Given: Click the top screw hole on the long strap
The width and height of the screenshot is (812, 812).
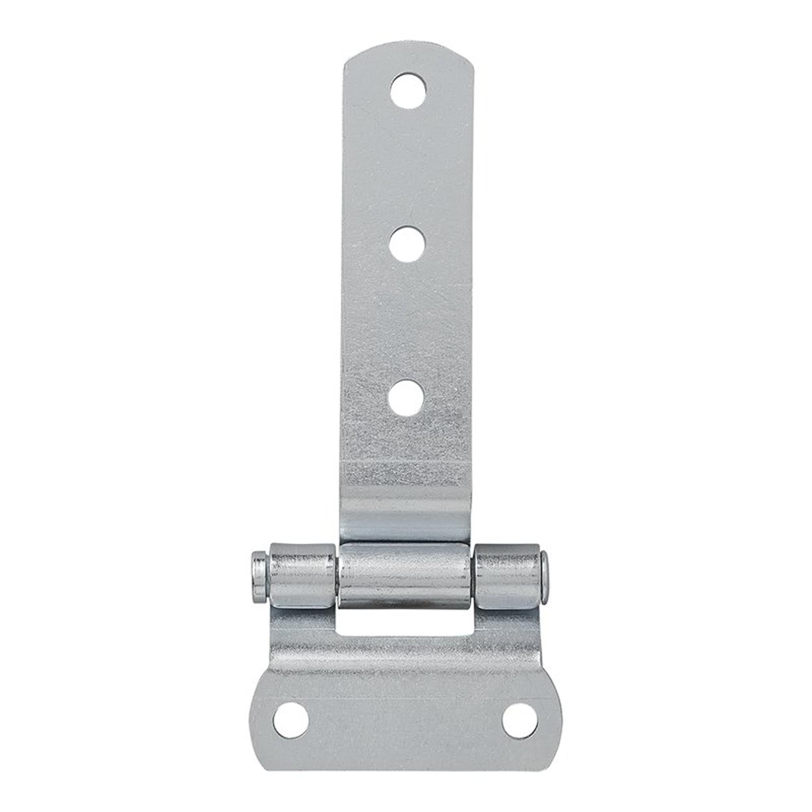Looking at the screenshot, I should [408, 91].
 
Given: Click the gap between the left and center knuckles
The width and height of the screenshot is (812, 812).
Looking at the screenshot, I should [338, 576].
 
